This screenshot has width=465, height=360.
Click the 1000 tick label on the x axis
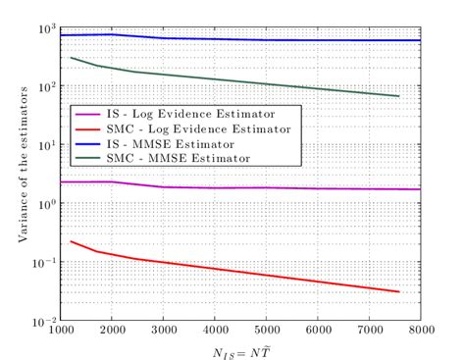tap(61, 332)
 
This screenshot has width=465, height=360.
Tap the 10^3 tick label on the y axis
tap(44, 26)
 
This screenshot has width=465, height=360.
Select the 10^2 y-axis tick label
tap(44, 85)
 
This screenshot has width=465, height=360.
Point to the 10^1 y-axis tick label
tap(44, 144)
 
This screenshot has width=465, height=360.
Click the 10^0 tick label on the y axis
tap(44, 203)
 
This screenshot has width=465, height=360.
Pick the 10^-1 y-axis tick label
tap(42, 262)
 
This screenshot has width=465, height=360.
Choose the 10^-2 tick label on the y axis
tap(42, 321)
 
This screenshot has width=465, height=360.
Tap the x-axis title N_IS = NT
tap(239, 350)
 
